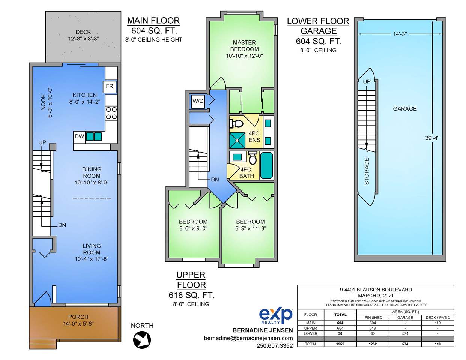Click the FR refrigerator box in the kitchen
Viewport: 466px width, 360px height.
pos(110,87)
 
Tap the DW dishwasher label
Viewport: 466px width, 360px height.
pos(79,136)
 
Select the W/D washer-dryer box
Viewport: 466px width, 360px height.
pos(198,101)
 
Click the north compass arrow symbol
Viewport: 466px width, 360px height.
pos(142,340)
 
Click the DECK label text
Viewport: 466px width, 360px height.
pos(83,32)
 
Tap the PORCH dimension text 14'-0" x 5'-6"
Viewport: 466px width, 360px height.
pos(78,324)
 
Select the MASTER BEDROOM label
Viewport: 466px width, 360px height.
pos(244,46)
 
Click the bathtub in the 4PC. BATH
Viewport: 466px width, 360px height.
pos(266,166)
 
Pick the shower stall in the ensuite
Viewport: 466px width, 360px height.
pos(238,140)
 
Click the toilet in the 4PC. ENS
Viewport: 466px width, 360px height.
pos(236,124)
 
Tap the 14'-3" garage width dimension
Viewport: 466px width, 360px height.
pos(400,34)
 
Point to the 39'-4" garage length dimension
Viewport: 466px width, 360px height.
pos(432,138)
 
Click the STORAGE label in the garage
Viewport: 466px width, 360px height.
pos(367,171)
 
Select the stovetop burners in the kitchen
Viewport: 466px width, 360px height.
pos(111,113)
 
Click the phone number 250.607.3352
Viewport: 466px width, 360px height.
pos(275,346)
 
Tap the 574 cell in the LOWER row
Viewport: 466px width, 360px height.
pos(405,333)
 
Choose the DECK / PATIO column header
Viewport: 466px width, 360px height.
pos(438,318)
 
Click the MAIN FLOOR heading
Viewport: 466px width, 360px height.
pos(153,21)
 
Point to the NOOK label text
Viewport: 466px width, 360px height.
pos(43,102)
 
